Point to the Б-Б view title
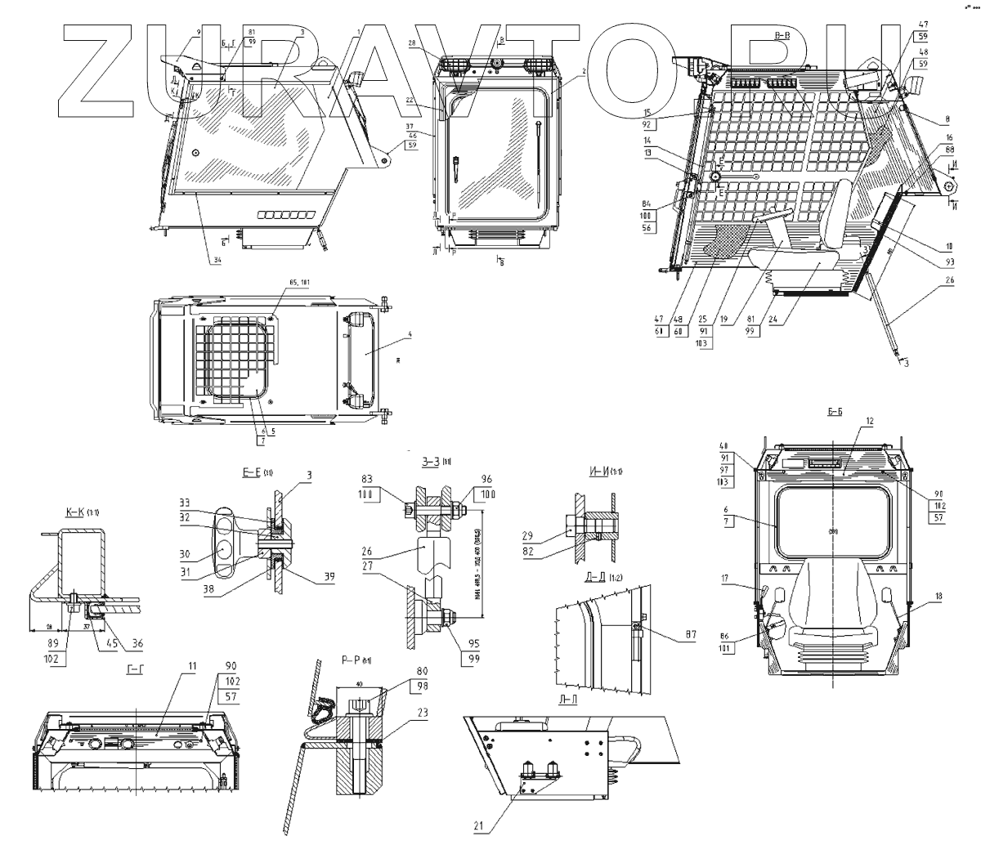click(x=834, y=413)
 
